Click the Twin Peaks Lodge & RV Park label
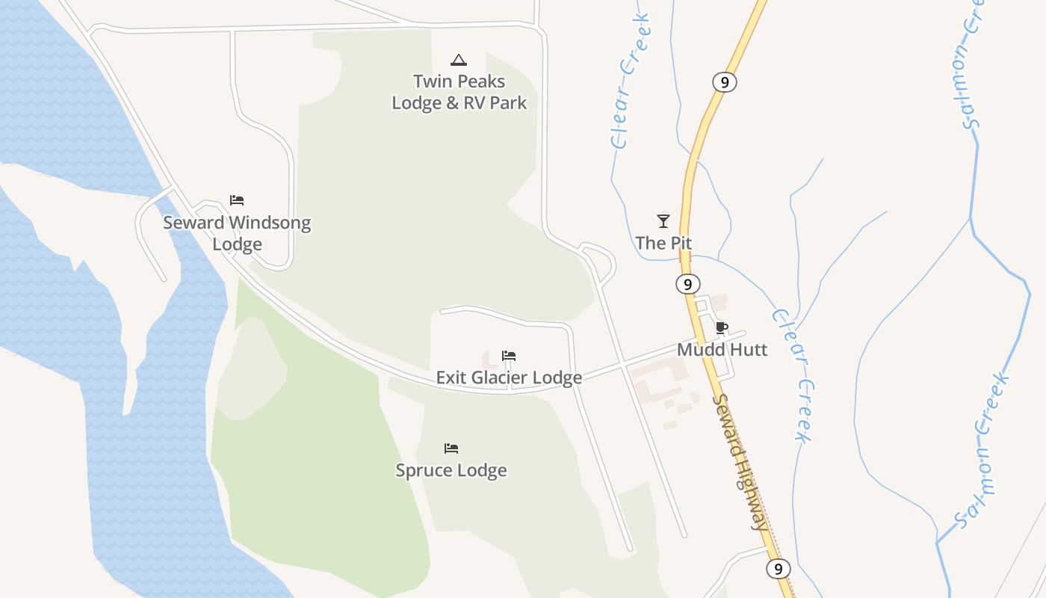(459, 92)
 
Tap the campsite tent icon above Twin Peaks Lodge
(459, 60)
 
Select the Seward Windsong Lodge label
(237, 233)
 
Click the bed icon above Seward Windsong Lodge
(237, 200)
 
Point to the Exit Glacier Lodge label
(509, 377)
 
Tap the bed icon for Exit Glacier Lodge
(509, 356)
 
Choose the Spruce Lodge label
(451, 470)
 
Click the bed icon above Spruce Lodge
(451, 449)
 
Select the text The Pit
(663, 243)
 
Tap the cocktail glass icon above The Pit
(663, 221)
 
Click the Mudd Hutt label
(722, 349)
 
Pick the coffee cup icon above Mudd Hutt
(721, 327)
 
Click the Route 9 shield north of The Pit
(725, 81)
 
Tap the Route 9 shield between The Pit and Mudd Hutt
(687, 284)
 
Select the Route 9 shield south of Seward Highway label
(779, 569)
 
